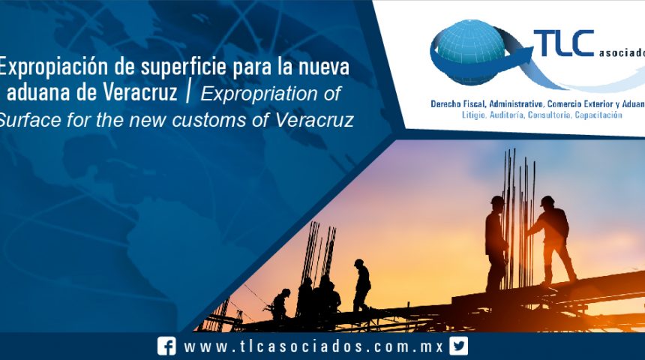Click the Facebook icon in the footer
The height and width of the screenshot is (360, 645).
167,346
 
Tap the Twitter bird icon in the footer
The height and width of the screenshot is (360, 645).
459,346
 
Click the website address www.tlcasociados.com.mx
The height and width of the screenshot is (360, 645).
313,346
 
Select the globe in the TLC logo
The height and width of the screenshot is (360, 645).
475,52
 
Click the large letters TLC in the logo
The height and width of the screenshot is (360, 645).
563,44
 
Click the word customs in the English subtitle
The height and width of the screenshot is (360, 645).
226,119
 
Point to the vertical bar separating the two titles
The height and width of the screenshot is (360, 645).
189,93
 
